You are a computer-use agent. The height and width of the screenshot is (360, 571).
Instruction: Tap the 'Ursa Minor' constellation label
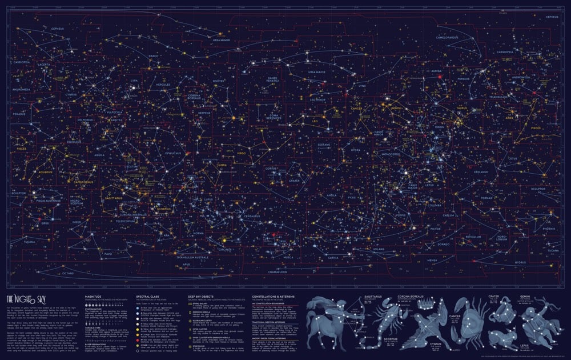coord(223,41)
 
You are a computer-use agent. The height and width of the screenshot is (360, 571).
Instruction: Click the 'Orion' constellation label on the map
coord(439,127)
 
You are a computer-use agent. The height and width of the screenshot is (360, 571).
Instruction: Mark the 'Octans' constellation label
coord(68,274)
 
